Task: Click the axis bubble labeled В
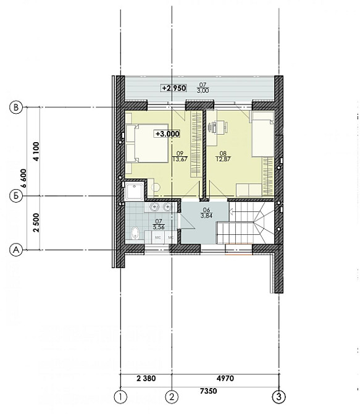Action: (x=17, y=108)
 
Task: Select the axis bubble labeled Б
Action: (x=17, y=196)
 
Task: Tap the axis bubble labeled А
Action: (x=17, y=250)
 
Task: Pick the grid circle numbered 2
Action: (x=172, y=396)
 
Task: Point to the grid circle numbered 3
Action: (x=280, y=396)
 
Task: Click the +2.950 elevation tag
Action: (x=174, y=88)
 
